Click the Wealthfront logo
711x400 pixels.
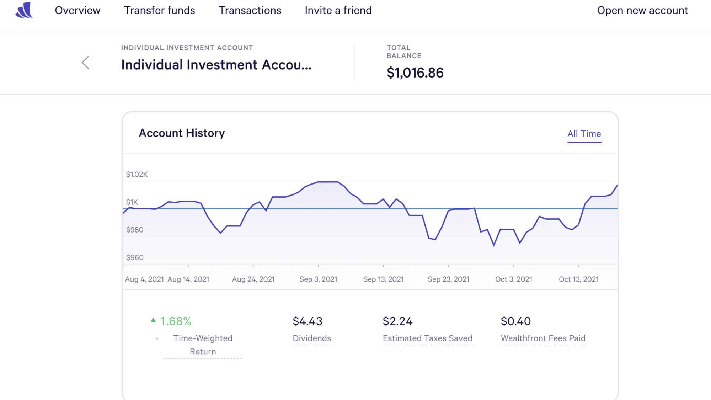(24, 10)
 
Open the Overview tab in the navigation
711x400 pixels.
(77, 11)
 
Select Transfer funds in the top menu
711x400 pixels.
(159, 11)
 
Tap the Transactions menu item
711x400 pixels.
(250, 11)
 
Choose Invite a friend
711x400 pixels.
(338, 11)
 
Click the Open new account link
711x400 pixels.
(642, 11)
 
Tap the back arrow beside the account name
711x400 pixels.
(85, 63)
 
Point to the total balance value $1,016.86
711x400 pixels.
(415, 73)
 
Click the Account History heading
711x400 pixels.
(182, 133)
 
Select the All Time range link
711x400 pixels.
(584, 134)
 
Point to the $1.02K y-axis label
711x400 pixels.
(137, 174)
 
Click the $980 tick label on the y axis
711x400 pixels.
(135, 230)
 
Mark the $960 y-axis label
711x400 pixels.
(135, 257)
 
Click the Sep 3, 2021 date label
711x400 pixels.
(318, 279)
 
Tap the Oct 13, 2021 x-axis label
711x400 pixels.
(578, 279)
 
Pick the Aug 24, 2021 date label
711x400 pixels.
(253, 279)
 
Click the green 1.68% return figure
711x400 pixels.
(176, 321)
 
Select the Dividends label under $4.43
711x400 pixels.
(312, 338)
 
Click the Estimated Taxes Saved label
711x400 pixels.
(427, 338)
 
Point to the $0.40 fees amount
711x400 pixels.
(515, 321)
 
